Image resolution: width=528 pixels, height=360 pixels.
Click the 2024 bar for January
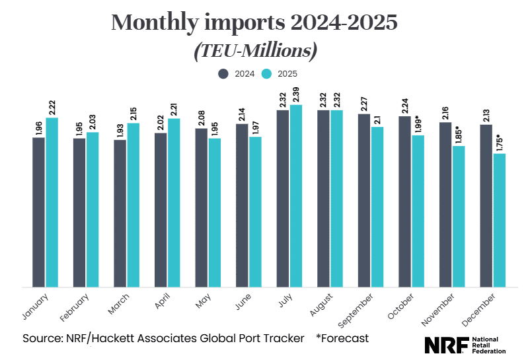coord(39,212)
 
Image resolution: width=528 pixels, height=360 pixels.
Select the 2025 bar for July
coord(296,196)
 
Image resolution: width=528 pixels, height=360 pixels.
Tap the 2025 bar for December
coord(499,221)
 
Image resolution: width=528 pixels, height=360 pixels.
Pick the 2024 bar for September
coord(363,200)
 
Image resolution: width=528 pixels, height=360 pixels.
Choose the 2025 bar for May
coord(215,213)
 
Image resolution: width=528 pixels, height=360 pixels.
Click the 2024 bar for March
coord(120,213)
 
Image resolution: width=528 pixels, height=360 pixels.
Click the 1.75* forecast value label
coord(499,143)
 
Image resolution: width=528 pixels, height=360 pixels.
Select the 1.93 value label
coord(120,130)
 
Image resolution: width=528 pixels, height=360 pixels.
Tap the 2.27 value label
coord(363,104)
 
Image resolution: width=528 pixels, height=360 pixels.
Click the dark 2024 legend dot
coord(224,74)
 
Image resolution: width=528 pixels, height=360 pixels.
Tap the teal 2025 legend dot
coord(266,74)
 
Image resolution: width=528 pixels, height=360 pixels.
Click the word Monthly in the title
coord(154,23)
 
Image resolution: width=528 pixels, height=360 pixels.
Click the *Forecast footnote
coord(342,338)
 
